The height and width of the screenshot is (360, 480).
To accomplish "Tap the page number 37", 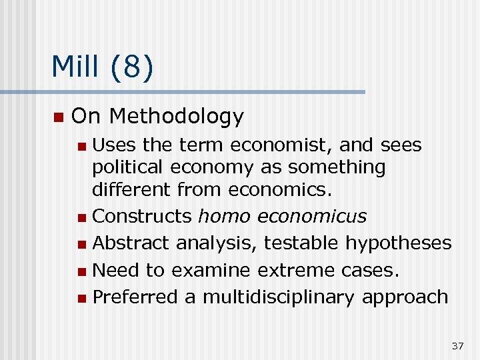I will (x=457, y=345).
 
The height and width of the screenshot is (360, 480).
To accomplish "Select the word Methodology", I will (x=177, y=117).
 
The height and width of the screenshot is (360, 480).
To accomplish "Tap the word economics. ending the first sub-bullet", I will (x=280, y=190).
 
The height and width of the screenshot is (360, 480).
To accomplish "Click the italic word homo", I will (x=225, y=217).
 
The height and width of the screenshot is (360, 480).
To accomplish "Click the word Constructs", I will (x=142, y=217).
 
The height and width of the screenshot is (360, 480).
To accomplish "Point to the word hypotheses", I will (x=398, y=243).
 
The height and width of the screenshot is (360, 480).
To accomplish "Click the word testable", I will (x=301, y=243).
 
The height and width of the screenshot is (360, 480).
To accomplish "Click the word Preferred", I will (x=135, y=297).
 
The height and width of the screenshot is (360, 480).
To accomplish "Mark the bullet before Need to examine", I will (x=81, y=271).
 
